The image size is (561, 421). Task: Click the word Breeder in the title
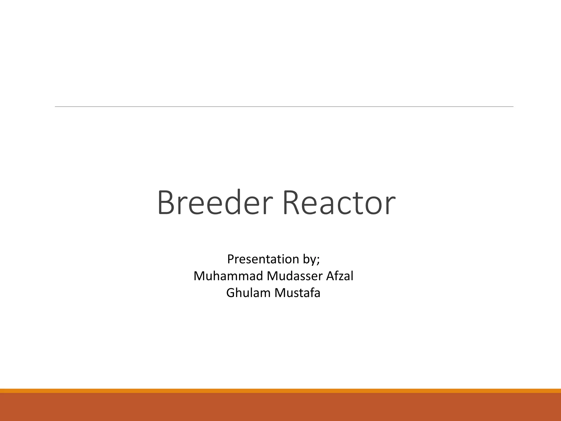click(215, 203)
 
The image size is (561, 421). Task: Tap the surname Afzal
click(340, 276)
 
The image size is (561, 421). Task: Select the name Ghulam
click(248, 293)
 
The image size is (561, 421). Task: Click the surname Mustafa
click(297, 293)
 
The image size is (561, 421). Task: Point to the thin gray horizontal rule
click(284, 107)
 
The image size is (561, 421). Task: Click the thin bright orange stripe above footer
click(280, 391)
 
